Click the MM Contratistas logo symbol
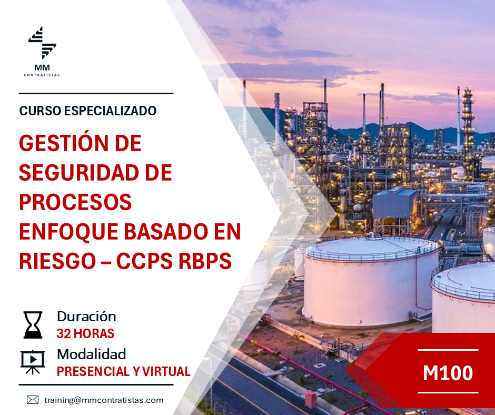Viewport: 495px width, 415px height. pos(42,43)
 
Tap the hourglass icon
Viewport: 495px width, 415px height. pos(33,325)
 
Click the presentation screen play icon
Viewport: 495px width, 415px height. pos(33,362)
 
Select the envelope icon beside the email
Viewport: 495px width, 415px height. pos(33,400)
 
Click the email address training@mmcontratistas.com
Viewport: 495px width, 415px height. pos(104,400)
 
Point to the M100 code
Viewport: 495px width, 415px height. pos(448,373)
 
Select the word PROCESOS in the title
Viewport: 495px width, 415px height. pos(75,202)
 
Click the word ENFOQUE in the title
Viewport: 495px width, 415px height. pos(69,232)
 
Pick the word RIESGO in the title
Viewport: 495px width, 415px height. pos(57,261)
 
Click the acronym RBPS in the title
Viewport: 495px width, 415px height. pos(205,261)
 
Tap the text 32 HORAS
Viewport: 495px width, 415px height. pos(85,333)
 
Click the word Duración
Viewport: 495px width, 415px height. pos(86,317)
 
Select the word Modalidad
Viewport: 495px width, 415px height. pos(92,354)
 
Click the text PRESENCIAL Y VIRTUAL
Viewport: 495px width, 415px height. pos(123,371)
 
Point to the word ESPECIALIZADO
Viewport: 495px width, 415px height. pos(110,111)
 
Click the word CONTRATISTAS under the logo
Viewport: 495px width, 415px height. pos(42,75)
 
